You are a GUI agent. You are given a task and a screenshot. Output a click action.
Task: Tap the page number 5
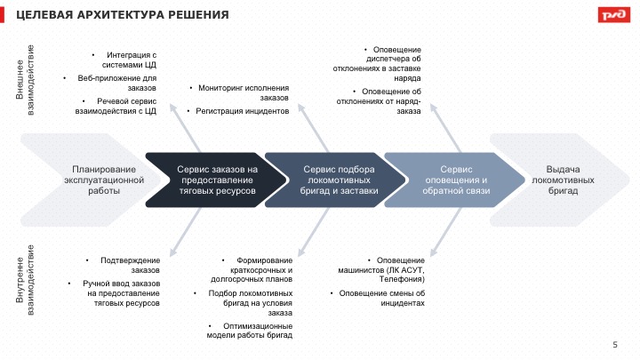click(615, 344)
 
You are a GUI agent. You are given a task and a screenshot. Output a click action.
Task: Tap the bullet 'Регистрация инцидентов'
click(242, 111)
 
